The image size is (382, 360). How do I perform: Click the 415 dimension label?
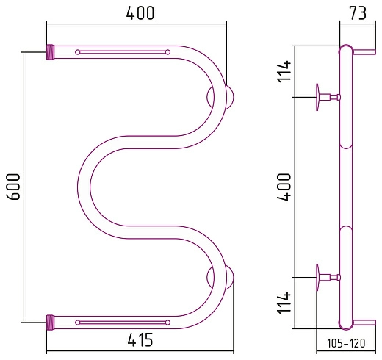(x=140, y=339)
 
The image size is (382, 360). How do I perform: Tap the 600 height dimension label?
(x=13, y=187)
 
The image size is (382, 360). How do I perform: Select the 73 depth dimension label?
(x=358, y=12)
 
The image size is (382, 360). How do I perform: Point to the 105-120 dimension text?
(x=346, y=343)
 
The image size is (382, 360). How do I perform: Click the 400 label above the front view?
(x=140, y=12)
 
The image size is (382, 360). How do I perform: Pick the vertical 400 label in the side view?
(x=284, y=187)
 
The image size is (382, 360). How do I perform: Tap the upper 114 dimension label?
(x=284, y=71)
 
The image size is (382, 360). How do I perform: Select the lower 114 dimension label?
(x=284, y=303)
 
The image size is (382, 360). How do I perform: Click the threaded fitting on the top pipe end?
(x=50, y=52)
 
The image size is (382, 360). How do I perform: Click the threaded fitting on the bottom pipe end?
(x=50, y=323)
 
